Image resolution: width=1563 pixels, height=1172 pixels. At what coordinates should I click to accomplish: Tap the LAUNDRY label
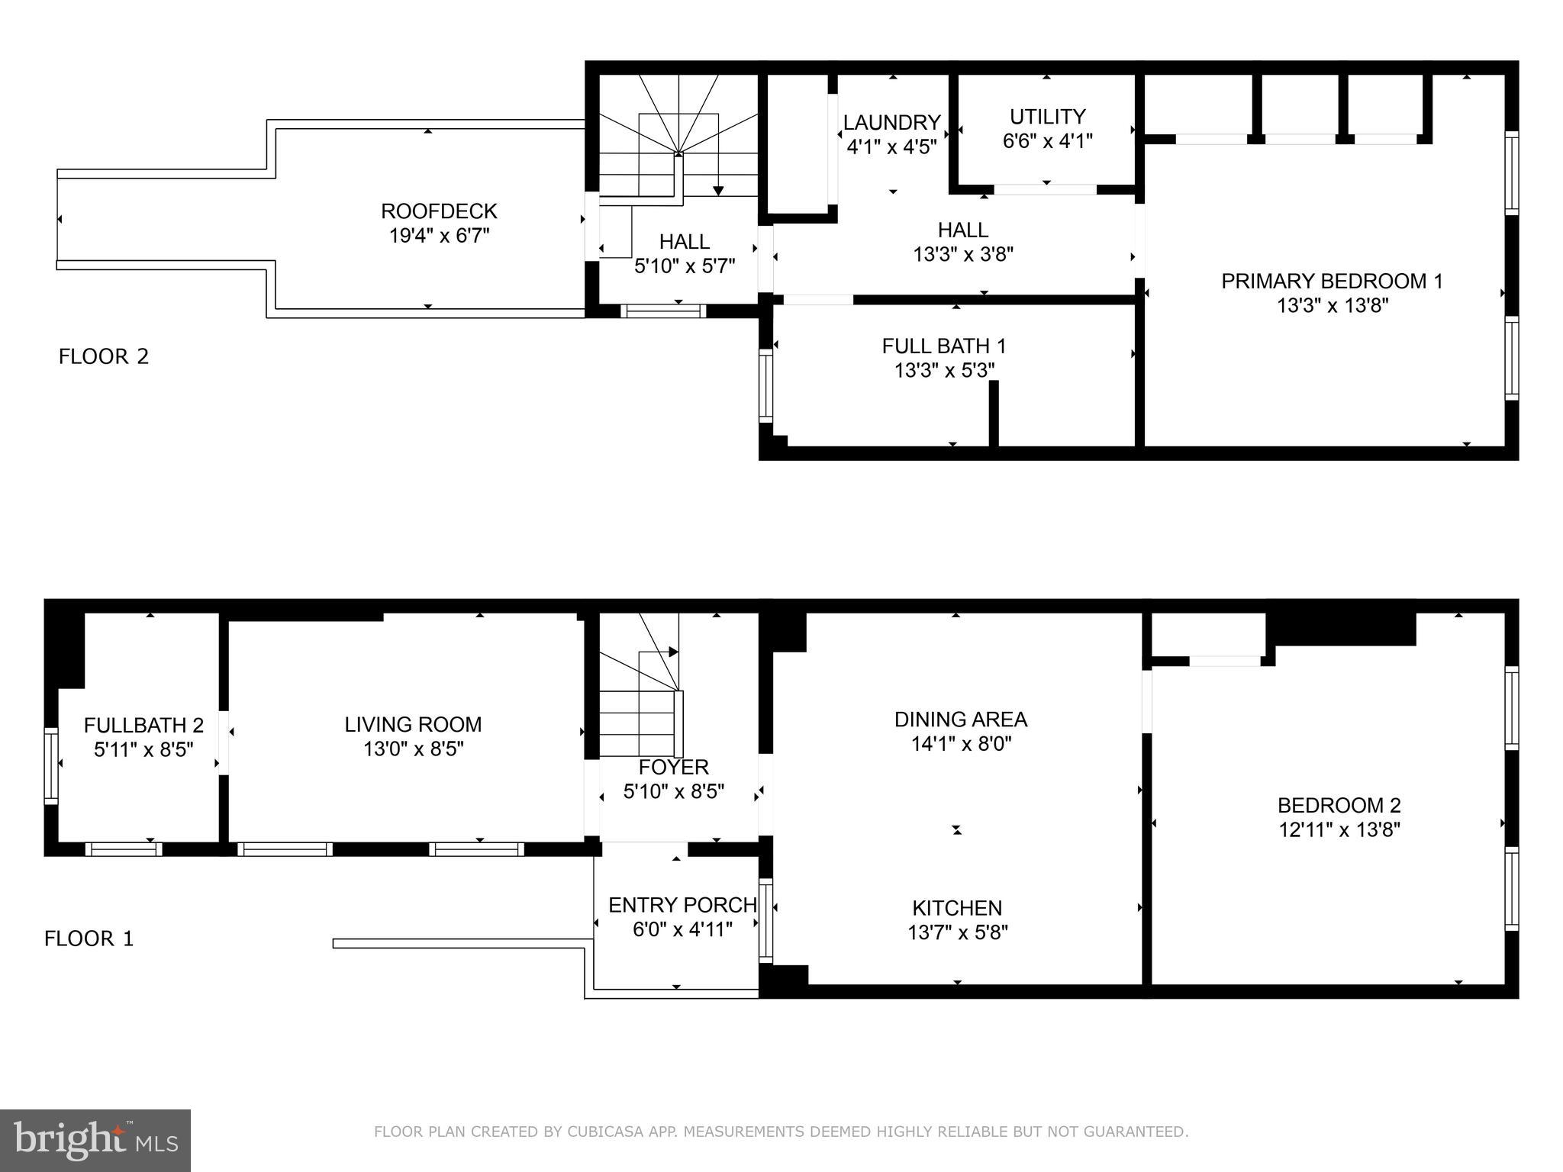tap(891, 122)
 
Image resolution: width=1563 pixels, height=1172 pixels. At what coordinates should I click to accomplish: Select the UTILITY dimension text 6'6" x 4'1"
tap(1047, 141)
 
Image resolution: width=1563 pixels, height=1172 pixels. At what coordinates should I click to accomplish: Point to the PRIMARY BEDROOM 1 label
tap(1332, 281)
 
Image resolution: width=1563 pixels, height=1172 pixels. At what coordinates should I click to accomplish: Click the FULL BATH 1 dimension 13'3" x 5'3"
tap(944, 371)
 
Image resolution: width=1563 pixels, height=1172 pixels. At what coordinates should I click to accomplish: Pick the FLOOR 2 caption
tap(104, 356)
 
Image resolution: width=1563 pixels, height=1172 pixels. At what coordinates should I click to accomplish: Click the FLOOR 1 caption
tap(89, 939)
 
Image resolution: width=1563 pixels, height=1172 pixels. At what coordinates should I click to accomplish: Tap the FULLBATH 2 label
tap(143, 725)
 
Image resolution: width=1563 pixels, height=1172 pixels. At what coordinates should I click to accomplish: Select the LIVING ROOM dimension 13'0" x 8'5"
tap(413, 749)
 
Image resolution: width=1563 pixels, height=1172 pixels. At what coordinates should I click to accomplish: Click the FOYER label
tap(673, 767)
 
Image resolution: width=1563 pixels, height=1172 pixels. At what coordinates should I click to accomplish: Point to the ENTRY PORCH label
tap(682, 905)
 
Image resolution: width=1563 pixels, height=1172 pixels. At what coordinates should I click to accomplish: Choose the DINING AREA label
tap(960, 720)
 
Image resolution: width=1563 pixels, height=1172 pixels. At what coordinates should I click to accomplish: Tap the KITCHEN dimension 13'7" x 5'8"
tap(957, 932)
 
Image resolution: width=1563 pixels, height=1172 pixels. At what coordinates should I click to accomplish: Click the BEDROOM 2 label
tap(1339, 805)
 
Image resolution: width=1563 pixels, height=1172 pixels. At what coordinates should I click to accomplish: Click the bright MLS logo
tap(95, 1140)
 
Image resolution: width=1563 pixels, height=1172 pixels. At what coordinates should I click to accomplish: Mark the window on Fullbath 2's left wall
tap(51, 765)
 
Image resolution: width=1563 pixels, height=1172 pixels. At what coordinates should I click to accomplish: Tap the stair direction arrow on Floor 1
tap(673, 652)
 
